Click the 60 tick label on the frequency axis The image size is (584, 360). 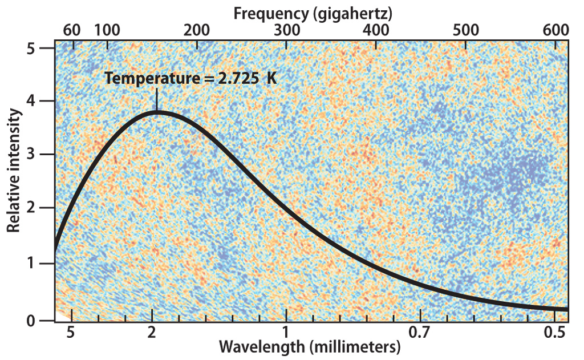click(x=72, y=30)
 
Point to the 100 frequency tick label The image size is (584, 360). click(x=107, y=30)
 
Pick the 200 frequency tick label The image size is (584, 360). click(x=196, y=30)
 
